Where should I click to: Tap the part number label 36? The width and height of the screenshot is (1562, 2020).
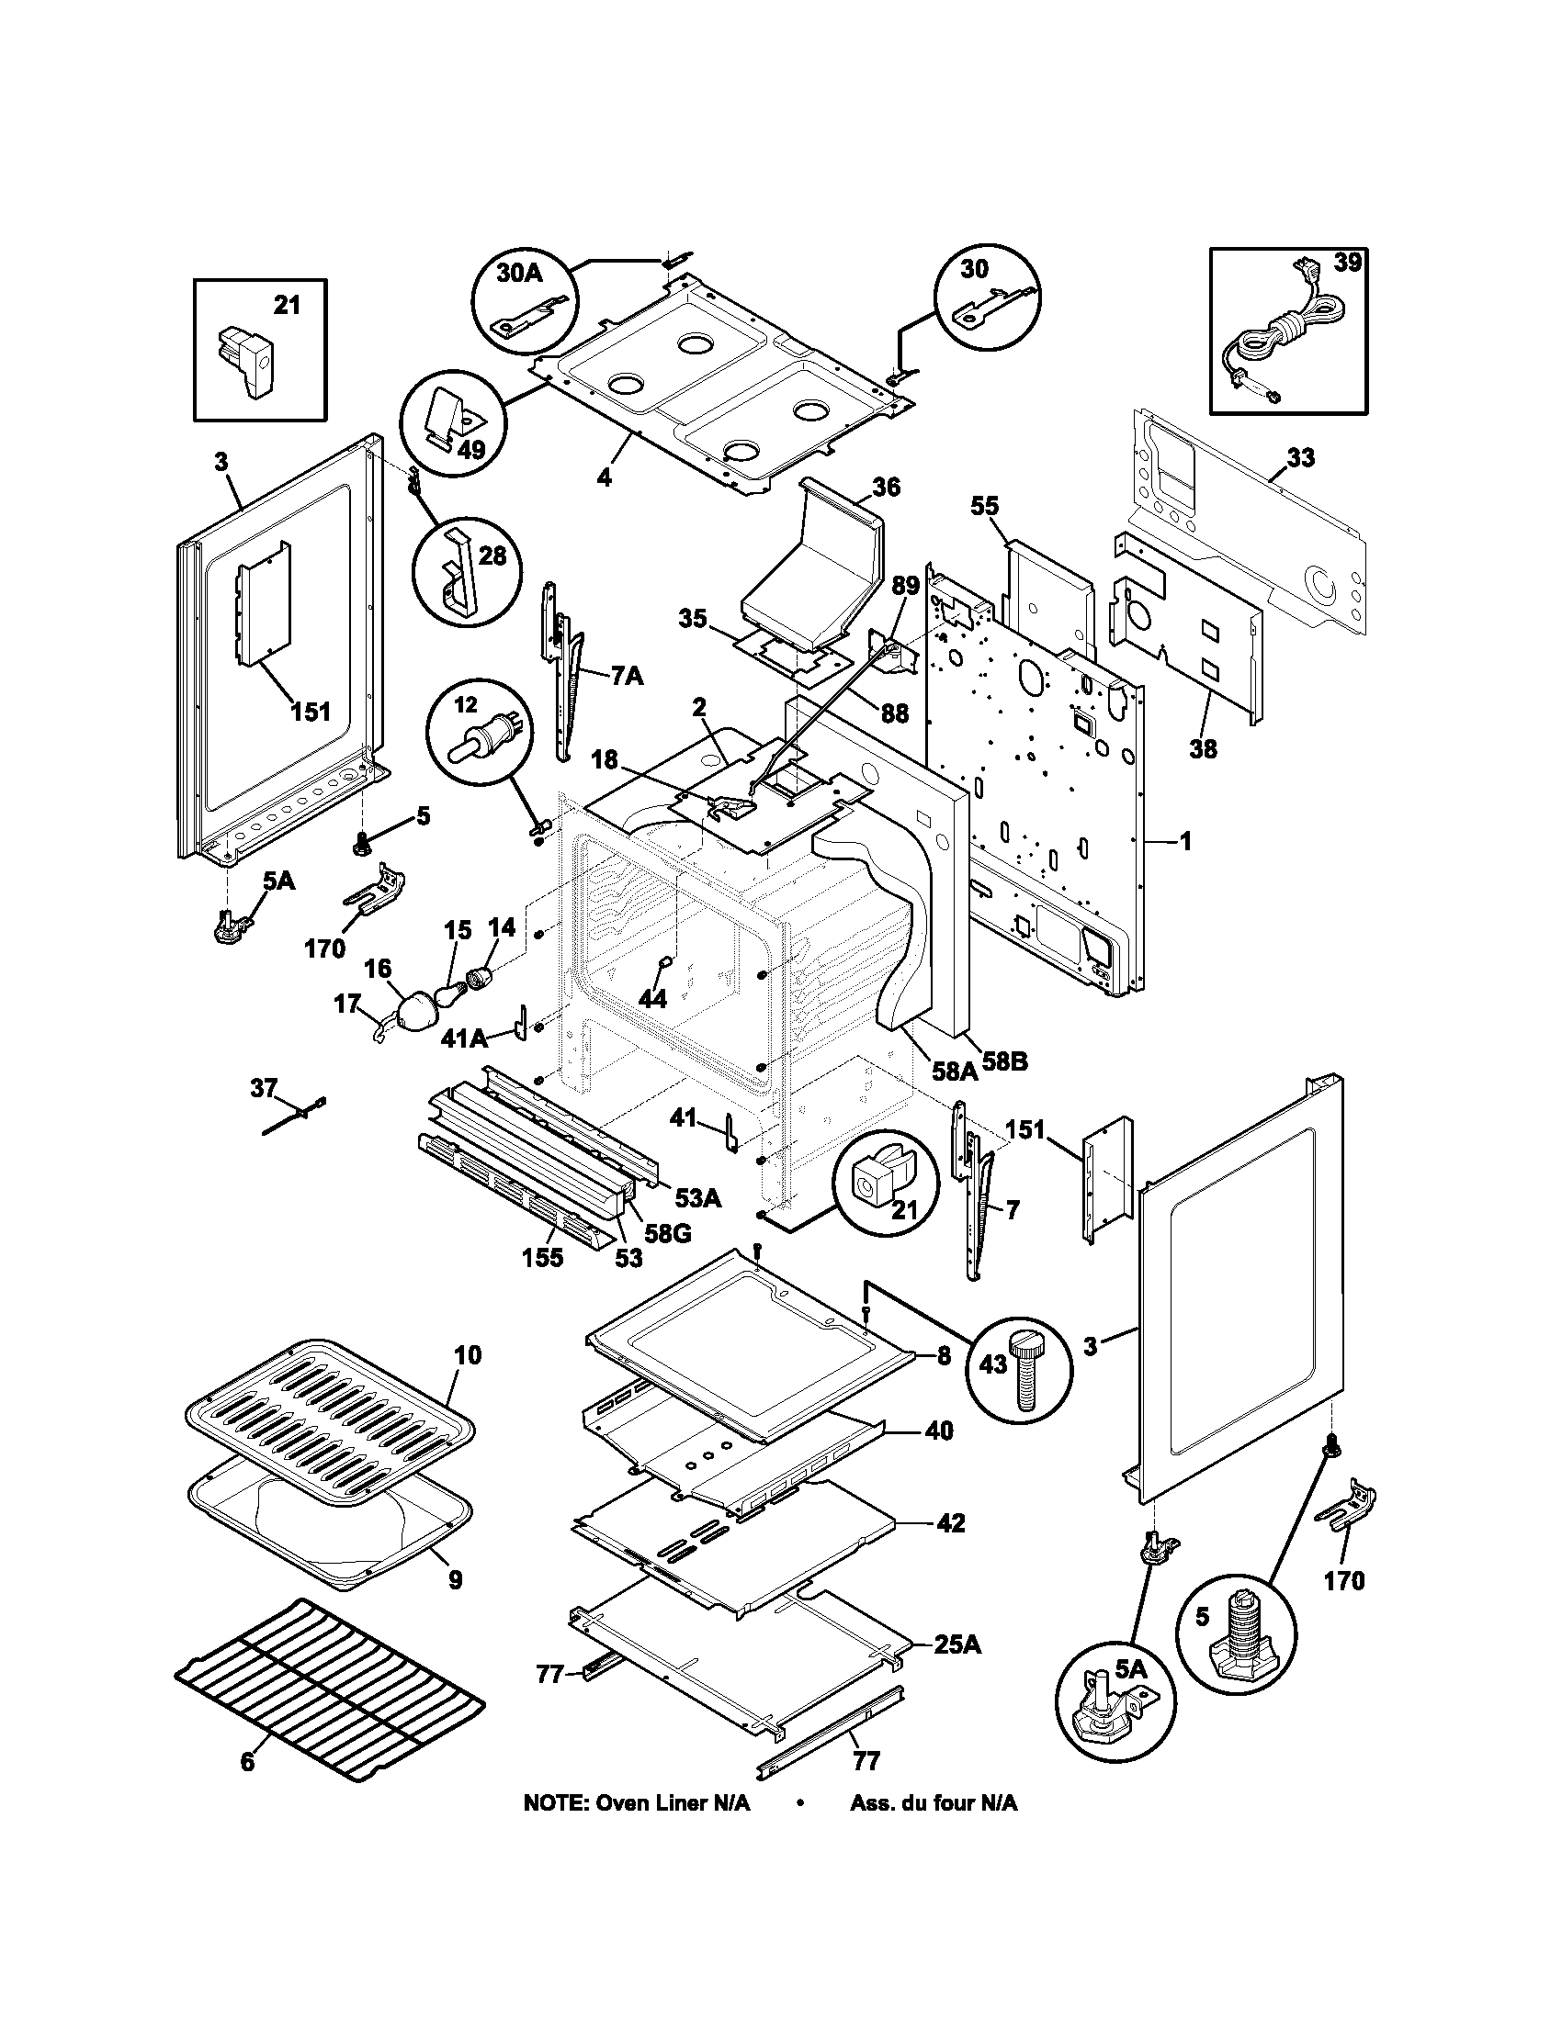click(x=886, y=487)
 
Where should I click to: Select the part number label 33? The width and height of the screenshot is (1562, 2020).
click(x=1300, y=459)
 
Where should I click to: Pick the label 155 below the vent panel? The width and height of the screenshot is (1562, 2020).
click(x=542, y=1259)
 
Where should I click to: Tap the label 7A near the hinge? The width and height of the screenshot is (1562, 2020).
click(x=627, y=676)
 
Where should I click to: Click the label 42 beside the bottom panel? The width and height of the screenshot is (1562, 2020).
click(x=950, y=1523)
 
